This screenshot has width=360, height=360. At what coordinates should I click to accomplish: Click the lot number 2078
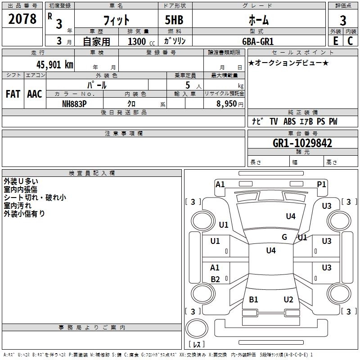[x=22, y=19]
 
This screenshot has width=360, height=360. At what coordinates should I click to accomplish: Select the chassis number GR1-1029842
[x=302, y=144]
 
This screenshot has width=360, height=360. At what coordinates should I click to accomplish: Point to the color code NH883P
[x=74, y=103]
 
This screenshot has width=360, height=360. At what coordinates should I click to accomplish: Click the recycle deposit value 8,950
[x=224, y=103]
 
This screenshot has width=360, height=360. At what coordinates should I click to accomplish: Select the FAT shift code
[x=13, y=94]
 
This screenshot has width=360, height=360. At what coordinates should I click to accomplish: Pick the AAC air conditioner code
[x=34, y=94]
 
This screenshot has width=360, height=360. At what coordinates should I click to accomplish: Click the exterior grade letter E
[x=335, y=40]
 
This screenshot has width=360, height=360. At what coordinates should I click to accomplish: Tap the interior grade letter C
[x=350, y=40]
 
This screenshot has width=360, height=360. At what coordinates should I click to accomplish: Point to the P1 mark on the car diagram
[x=322, y=184]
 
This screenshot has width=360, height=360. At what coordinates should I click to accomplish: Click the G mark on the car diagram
[x=284, y=237]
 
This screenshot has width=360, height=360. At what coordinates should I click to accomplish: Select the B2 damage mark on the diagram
[x=216, y=279]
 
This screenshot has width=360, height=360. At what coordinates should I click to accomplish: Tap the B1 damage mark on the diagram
[x=254, y=299]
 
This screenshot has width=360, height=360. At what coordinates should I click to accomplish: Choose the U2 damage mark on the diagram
[x=288, y=299]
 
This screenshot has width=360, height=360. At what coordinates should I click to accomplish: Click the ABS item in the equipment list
[x=290, y=121]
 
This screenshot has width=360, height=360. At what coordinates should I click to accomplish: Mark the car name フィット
[x=116, y=20]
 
